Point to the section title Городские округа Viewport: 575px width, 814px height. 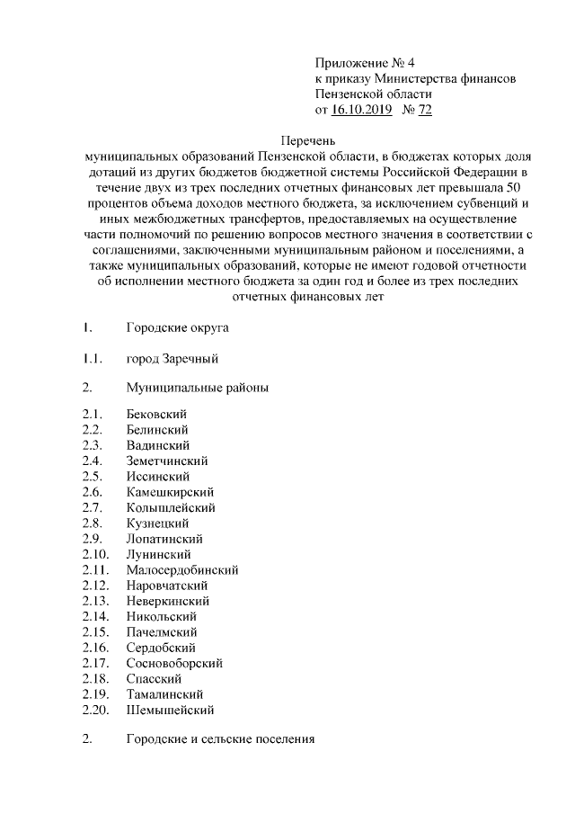point(178,327)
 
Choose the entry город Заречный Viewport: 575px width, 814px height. point(172,359)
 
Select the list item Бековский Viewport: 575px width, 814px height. point(157,414)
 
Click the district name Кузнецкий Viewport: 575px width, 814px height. point(157,523)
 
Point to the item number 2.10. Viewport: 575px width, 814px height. point(94,554)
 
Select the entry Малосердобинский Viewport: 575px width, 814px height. point(182,569)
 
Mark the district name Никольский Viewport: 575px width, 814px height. point(162,616)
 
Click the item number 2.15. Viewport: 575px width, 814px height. point(94,632)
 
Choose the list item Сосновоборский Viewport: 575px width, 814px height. point(175,663)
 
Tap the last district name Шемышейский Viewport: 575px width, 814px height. point(171,711)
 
